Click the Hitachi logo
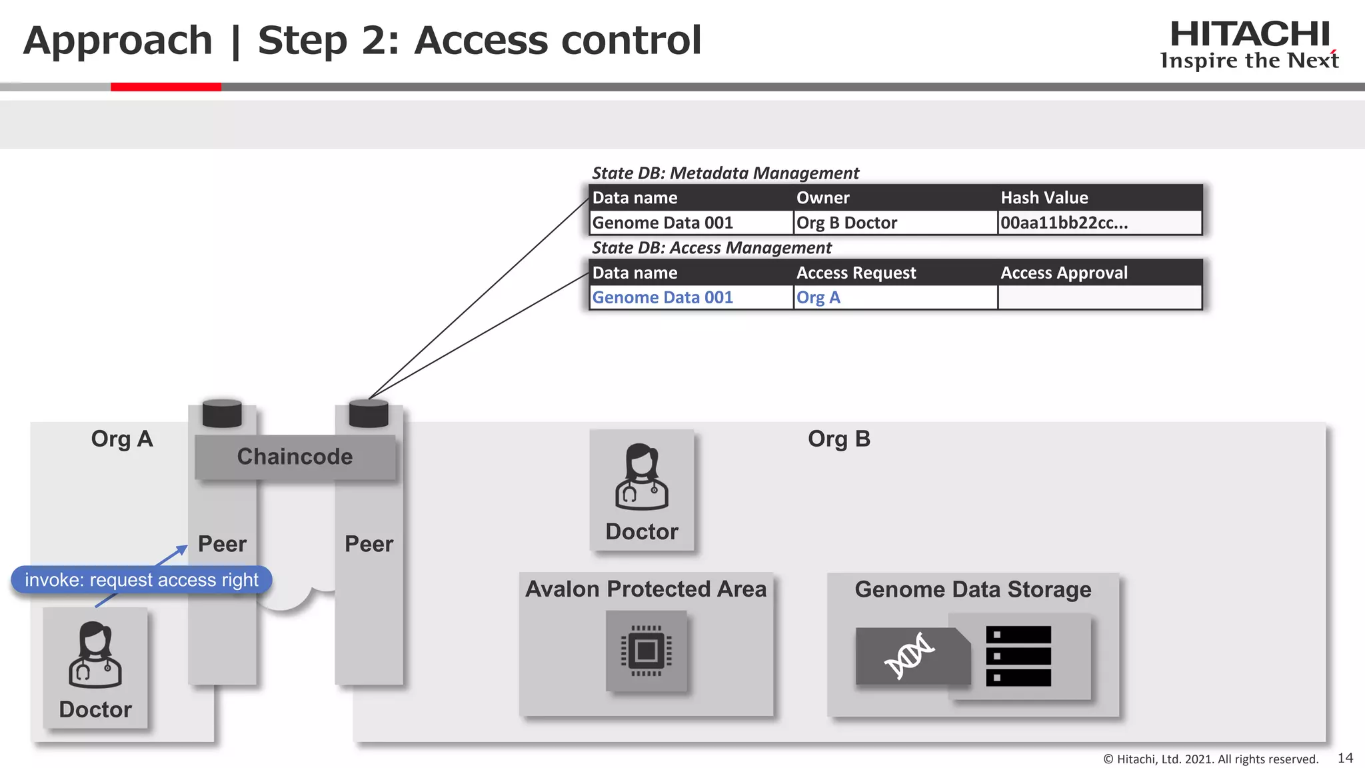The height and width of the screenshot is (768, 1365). point(1250,44)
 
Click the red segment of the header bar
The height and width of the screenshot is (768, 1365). point(165,87)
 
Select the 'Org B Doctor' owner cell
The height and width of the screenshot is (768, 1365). point(894,223)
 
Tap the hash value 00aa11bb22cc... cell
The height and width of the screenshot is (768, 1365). point(1099,223)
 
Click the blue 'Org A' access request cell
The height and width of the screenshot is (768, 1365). point(894,297)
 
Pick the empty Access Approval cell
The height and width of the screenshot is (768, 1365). point(1099,297)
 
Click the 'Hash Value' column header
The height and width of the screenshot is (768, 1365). point(1044,198)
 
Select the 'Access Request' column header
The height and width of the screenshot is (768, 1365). point(856,273)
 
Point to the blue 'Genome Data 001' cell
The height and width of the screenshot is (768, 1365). point(663,297)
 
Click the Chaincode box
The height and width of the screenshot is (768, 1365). point(295,457)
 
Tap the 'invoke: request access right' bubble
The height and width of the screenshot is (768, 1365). point(141,580)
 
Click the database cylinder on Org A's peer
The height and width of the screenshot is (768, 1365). point(222,413)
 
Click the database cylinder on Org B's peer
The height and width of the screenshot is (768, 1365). point(369,413)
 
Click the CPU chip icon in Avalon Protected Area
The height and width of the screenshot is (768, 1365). point(646,651)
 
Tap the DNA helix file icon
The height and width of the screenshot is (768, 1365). point(910,655)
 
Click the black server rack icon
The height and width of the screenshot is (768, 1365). point(1018,656)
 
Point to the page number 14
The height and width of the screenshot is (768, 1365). point(1345,758)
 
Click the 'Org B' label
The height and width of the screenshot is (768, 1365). point(838,439)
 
